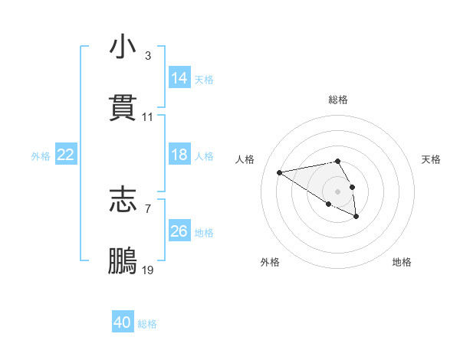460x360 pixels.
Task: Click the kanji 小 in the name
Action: [123, 47]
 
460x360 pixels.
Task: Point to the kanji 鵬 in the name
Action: [123, 260]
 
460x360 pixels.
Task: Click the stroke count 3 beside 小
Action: [147, 56]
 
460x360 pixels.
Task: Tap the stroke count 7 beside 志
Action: [147, 208]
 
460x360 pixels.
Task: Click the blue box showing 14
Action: [179, 77]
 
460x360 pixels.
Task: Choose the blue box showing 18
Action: [179, 155]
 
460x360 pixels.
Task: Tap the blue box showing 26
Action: [179, 231]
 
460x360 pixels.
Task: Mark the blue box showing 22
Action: [66, 155]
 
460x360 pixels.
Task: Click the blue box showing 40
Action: [123, 322]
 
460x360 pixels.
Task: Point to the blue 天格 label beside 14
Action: [204, 80]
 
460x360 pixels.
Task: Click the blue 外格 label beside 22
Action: [41, 156]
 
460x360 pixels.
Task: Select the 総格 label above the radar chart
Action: [338, 100]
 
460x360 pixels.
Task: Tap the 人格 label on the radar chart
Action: [246, 159]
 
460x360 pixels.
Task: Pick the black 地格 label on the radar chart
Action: [402, 262]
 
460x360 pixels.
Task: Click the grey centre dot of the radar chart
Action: [337, 191]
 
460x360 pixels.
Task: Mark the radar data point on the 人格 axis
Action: [280, 172]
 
